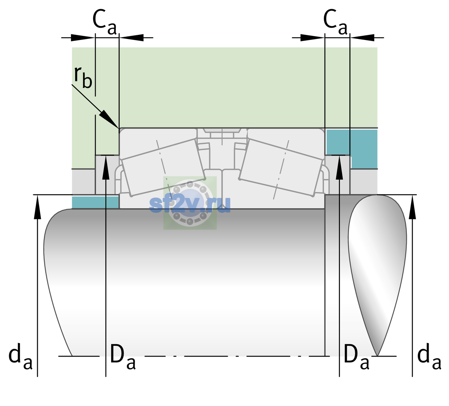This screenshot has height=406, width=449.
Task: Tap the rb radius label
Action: click(83, 77)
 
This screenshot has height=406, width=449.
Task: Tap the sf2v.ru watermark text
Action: click(190, 205)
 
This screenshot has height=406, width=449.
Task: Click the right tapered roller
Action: click(281, 168)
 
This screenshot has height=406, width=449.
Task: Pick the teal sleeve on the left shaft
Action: click(95, 202)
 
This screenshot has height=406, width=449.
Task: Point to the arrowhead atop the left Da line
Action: click(106, 167)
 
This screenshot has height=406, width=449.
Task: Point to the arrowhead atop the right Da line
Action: click(340, 167)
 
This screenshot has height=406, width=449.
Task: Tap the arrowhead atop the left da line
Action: click(37, 207)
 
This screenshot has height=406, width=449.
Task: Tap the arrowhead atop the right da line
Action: click(413, 207)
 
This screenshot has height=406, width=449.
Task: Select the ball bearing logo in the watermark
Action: click(190, 203)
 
